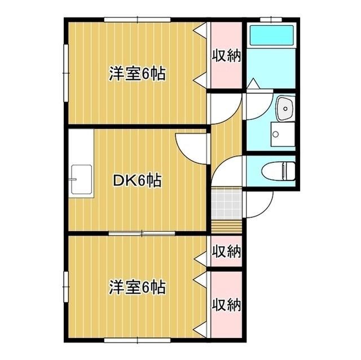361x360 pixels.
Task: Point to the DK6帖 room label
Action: coord(138,181)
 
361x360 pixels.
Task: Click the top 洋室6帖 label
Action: coord(137,73)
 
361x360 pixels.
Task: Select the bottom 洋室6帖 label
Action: coord(137,288)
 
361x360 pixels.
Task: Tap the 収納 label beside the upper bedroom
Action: coord(226,55)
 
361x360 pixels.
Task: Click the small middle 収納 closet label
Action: coord(226,251)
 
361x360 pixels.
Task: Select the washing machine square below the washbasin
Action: coord(280,136)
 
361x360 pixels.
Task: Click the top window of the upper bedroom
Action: coord(137,20)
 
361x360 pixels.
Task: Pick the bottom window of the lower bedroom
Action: coord(137,339)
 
